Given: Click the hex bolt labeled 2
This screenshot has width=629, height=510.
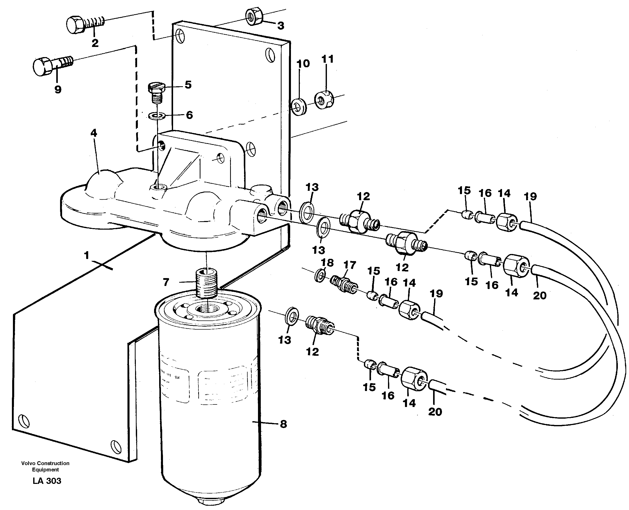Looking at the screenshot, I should tap(84, 24).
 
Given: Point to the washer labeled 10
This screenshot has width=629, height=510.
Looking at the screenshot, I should tap(299, 107).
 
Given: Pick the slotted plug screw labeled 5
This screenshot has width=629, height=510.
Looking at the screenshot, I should tap(157, 92).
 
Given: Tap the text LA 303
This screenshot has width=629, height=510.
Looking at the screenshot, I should tap(47, 481).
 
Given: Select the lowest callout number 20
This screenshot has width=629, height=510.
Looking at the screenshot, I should tap(435, 412).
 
